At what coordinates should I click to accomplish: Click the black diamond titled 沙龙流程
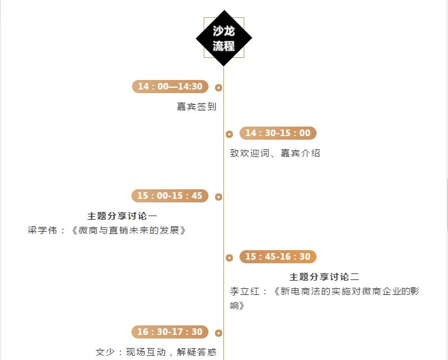coord(224,38)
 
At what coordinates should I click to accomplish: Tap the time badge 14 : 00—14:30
coord(170,87)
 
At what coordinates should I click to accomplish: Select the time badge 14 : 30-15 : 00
coord(278,133)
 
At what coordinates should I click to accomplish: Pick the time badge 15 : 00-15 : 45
coord(170,196)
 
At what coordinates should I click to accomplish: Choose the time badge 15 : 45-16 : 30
coord(278,257)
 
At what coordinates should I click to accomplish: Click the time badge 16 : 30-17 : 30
coord(170,332)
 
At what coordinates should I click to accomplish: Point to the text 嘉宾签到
coord(196,107)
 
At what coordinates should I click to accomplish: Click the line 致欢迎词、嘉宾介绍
coord(275,153)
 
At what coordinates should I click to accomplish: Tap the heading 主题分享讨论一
coord(122,216)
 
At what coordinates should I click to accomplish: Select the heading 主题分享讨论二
coord(324,277)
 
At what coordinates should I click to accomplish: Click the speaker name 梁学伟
coord(42,230)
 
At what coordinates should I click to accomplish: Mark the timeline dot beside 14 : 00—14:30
coord(219,88)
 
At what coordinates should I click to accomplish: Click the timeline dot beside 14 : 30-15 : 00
coord(229,134)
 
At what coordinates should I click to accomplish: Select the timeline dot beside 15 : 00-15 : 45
coord(219,197)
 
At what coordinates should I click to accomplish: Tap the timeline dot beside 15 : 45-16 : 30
coord(229,258)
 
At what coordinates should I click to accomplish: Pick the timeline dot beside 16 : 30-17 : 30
coord(219,333)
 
